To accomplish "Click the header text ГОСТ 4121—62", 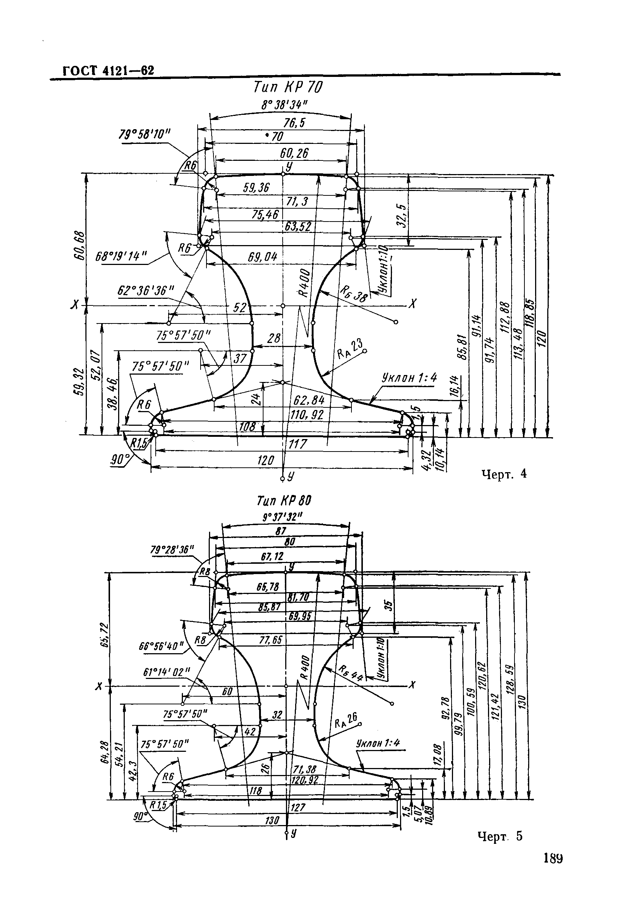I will [109, 71].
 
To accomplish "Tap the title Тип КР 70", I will [288, 87].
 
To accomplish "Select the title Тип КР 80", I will [284, 501].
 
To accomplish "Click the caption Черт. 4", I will [504, 474].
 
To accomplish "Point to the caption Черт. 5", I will [500, 837].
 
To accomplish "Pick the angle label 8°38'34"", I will [284, 105].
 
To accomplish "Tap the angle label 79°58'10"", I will [145, 135].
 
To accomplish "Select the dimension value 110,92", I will [307, 415].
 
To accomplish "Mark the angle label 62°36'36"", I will [145, 291].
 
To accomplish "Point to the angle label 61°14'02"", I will [167, 672].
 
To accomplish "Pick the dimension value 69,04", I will [262, 257].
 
